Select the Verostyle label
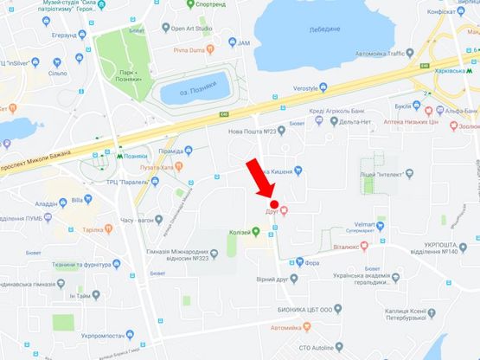(317, 88)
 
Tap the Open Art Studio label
(192, 29)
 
